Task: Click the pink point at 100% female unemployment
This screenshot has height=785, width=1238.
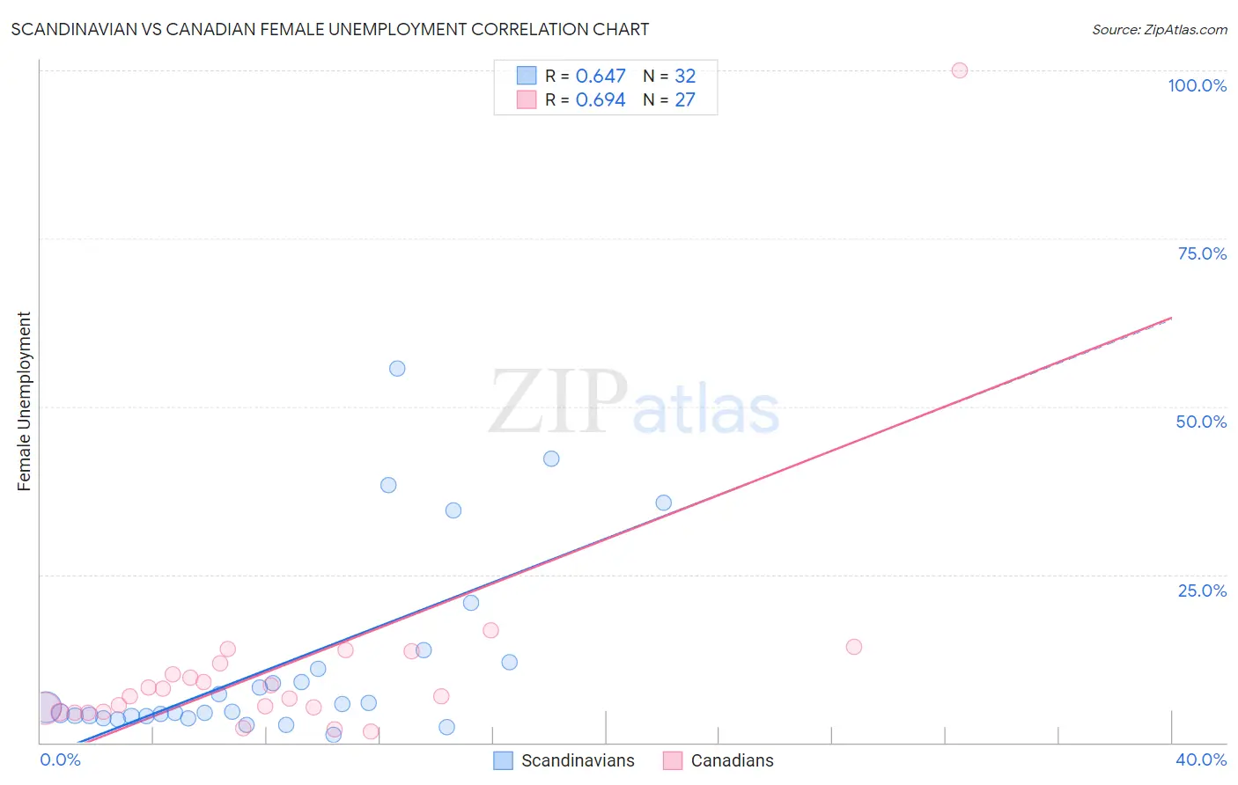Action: pos(959,70)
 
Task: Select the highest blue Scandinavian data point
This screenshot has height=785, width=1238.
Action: pos(397,369)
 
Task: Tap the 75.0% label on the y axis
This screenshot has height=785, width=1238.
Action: pos(1202,253)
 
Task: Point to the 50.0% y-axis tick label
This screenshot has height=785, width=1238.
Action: pos(1201,422)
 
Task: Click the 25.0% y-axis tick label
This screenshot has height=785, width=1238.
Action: pos(1202,591)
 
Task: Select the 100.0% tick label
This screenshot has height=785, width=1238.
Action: pos(1197,85)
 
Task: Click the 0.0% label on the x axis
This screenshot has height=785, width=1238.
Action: pos(60,759)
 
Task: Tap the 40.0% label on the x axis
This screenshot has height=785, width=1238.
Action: pos(1200,759)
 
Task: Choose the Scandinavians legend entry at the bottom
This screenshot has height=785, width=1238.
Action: pos(577,760)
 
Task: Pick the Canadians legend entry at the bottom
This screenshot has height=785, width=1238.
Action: pos(732,760)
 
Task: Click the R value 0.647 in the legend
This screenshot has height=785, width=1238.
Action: pos(601,77)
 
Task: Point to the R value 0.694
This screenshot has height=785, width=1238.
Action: pos(601,100)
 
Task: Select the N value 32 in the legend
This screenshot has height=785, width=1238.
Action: pos(685,77)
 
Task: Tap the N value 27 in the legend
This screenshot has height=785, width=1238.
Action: pos(685,100)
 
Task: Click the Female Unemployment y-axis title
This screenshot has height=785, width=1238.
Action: pos(24,401)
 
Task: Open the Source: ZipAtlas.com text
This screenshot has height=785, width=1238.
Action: pos(1159,29)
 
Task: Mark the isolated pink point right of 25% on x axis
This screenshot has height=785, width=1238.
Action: pos(853,647)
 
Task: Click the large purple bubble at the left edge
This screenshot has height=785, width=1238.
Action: pos(47,707)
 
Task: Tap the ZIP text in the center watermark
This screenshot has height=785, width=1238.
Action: pos(558,402)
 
